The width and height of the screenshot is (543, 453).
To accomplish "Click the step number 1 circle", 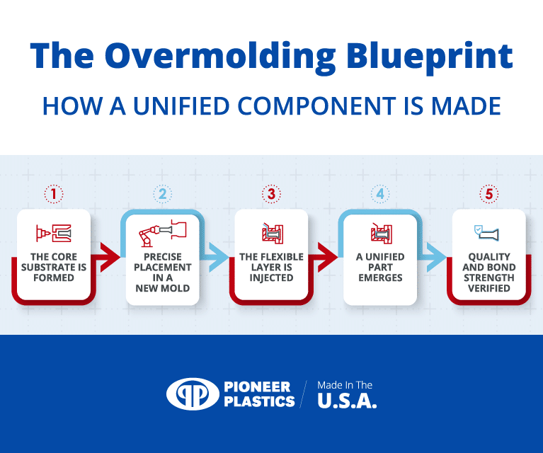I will click(54, 193).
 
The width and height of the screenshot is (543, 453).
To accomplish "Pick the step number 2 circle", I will click(162, 193).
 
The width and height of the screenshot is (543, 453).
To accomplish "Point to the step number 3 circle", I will click(271, 193).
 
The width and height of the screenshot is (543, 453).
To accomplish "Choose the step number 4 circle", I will click(380, 193).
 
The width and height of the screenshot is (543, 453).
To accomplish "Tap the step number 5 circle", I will click(488, 193).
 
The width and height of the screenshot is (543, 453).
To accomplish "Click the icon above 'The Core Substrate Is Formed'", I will click(54, 232).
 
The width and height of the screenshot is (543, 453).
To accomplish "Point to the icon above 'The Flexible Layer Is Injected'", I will click(271, 232).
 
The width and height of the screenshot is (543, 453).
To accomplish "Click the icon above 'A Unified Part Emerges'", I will click(380, 232).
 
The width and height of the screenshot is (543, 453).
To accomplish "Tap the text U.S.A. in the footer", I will click(347, 401).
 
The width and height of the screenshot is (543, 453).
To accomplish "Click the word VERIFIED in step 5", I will click(488, 288).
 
